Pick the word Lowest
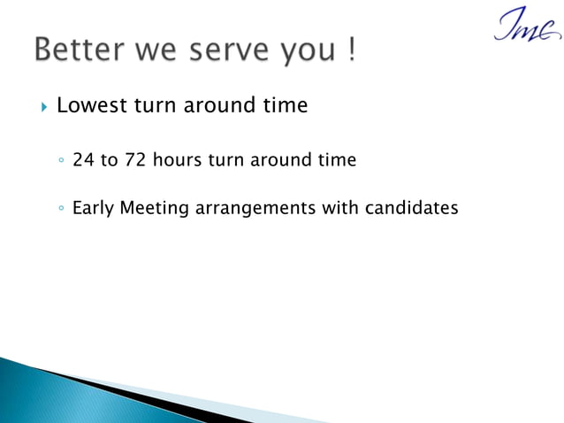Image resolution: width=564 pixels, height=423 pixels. click(92, 106)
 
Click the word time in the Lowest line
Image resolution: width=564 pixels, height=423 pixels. click(285, 106)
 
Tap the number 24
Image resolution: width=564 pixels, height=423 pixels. click(84, 160)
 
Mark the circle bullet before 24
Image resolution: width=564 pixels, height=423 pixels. click(58, 162)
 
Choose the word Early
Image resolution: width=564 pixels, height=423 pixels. click(93, 210)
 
